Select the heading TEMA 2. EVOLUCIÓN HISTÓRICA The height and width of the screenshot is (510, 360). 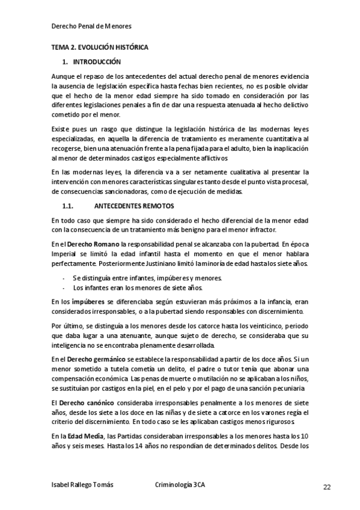99,47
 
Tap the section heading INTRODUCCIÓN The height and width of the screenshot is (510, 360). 97,62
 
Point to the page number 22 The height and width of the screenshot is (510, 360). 327,487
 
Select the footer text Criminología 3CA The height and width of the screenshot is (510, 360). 180,486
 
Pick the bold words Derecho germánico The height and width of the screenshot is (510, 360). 96,358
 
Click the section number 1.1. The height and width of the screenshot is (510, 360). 69,205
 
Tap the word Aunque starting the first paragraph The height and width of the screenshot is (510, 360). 64,78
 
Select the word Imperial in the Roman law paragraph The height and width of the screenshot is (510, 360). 65,254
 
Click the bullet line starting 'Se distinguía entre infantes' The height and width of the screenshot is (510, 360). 147,278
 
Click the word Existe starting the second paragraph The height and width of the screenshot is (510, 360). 62,129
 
